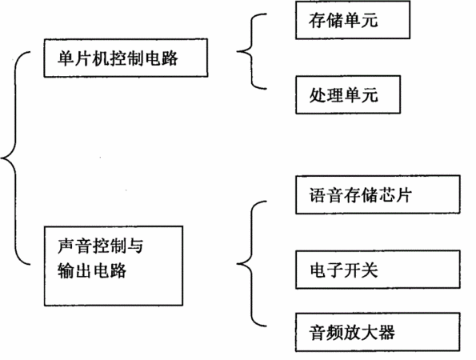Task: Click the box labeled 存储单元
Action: pos(353,20)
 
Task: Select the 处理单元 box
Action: pos(348,94)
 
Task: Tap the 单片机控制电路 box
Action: pos(126,58)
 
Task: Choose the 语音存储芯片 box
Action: pos(378,194)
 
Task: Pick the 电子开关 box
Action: pos(378,270)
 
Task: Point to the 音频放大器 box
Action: pos(378,332)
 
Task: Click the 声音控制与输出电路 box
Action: pos(114,266)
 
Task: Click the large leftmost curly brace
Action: pos(15,158)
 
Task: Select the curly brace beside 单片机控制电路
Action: pos(252,52)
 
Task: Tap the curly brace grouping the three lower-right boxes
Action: pos(252,263)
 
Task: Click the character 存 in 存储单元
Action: pos(318,20)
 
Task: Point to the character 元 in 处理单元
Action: pos(370,95)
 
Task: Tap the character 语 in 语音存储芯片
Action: pos(318,195)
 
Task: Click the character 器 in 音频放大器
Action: pos(386,333)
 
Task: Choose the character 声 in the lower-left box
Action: pos(66,246)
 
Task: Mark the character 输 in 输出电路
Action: pos(66,270)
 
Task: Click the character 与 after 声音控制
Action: pos(135,246)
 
